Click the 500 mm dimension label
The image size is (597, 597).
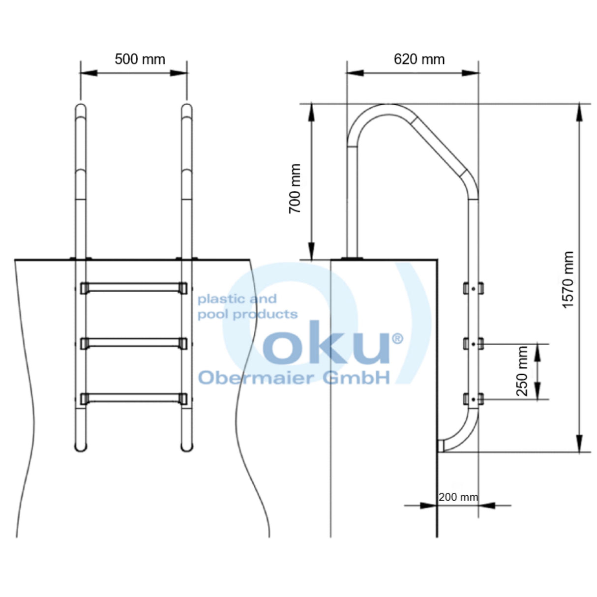coord(140,60)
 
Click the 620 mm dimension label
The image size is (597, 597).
coord(419,60)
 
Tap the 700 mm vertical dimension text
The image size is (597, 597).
coord(295,188)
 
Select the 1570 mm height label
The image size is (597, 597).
coord(568,280)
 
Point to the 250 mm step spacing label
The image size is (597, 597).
coord(522,371)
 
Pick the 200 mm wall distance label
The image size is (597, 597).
coord(458,497)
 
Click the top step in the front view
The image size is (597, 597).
coord(134,288)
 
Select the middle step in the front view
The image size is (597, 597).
coord(134,343)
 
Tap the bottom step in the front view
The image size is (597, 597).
coord(134,398)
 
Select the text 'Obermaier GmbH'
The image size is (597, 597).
coord(294,377)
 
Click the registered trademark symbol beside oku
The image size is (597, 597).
coord(397,338)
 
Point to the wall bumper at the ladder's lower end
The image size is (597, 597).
coord(441,446)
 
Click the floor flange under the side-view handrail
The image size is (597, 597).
coord(353,258)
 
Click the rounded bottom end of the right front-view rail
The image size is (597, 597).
coord(186,447)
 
